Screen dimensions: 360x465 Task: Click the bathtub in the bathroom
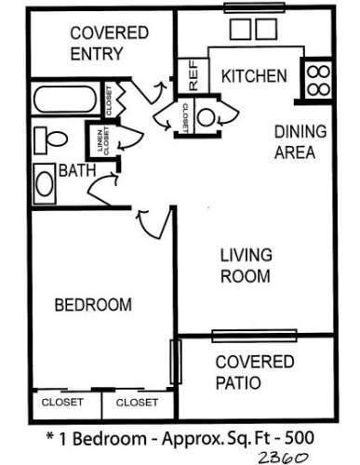65,100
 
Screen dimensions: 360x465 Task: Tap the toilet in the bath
50,139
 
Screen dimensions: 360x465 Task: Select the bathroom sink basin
45,183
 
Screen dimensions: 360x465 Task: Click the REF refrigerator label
193,75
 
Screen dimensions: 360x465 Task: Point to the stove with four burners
318,80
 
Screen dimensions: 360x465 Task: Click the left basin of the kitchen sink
241,29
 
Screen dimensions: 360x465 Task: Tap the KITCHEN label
254,76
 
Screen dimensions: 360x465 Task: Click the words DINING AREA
300,141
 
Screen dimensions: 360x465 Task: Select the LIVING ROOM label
246,265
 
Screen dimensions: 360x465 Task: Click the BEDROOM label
93,305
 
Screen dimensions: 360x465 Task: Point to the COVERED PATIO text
254,372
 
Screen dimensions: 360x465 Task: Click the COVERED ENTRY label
109,43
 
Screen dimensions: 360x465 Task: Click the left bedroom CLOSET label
62,402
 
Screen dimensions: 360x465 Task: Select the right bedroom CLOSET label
137,403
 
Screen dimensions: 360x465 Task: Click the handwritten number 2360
283,457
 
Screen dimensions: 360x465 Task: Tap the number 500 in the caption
300,438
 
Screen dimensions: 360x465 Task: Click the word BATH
77,170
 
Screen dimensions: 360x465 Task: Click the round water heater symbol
206,117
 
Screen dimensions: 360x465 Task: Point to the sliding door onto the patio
254,336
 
